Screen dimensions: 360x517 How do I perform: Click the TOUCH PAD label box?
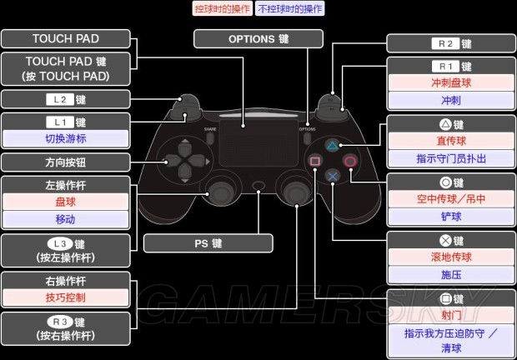tap(66, 38)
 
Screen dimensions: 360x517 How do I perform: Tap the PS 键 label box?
tap(208, 243)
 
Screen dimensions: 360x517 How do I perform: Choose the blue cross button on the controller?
tap(332, 176)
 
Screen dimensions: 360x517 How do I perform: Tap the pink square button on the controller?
tap(315, 161)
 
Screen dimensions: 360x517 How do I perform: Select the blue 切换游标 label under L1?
tap(66, 138)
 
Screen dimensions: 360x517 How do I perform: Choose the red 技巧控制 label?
tap(66, 297)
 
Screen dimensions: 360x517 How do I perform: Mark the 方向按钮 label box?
tap(66, 162)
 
